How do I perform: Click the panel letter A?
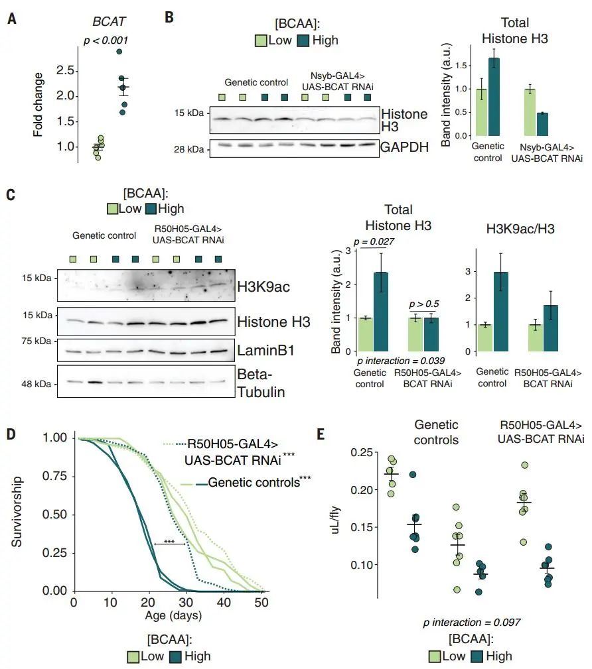point(11,19)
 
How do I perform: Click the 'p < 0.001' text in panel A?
point(106,40)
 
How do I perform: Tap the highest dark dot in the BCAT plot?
point(119,52)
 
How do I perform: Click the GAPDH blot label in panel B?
point(404,147)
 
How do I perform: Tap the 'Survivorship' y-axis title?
point(18,511)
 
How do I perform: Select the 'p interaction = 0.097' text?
point(471,623)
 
